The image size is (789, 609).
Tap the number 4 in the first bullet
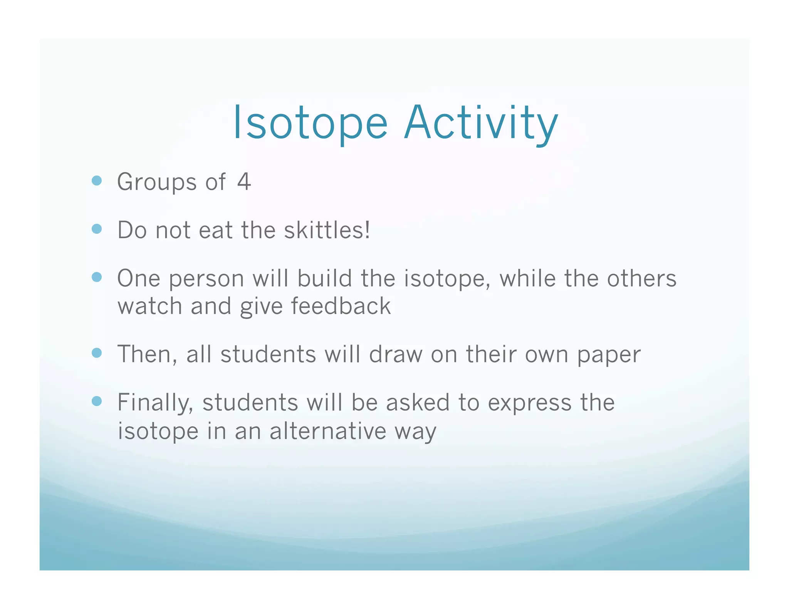pyautogui.click(x=244, y=182)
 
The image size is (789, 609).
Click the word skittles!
pyautogui.click(x=327, y=230)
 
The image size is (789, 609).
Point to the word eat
pyautogui.click(x=215, y=231)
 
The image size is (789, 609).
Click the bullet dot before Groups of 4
pyautogui.click(x=97, y=181)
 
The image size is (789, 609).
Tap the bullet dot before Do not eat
pyautogui.click(x=97, y=229)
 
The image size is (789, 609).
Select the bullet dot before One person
pyautogui.click(x=97, y=277)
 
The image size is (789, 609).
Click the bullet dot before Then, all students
pyautogui.click(x=97, y=353)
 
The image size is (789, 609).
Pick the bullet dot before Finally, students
pyautogui.click(x=97, y=402)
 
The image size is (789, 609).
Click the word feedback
pyautogui.click(x=341, y=306)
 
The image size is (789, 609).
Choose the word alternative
pyautogui.click(x=327, y=431)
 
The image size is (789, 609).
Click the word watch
pyautogui.click(x=150, y=306)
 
